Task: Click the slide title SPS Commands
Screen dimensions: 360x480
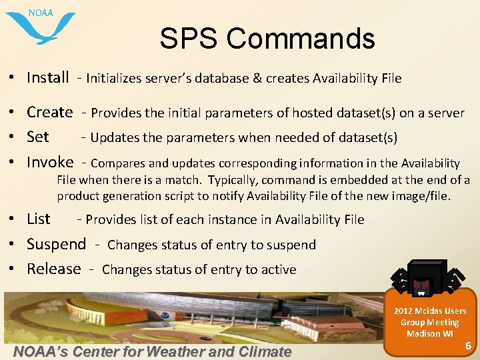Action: coord(267,39)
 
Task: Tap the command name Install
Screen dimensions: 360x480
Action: coord(48,77)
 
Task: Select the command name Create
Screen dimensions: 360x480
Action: coord(50,112)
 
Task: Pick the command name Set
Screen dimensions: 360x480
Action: coord(38,137)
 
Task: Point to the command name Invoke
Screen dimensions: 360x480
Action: coord(50,162)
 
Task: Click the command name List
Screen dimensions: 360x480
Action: coord(39,219)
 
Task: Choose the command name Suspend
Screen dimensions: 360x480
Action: coord(57,244)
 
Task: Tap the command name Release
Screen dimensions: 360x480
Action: coord(54,269)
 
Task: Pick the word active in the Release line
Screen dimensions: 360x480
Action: coord(279,269)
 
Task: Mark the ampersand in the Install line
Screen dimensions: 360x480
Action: coord(257,78)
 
